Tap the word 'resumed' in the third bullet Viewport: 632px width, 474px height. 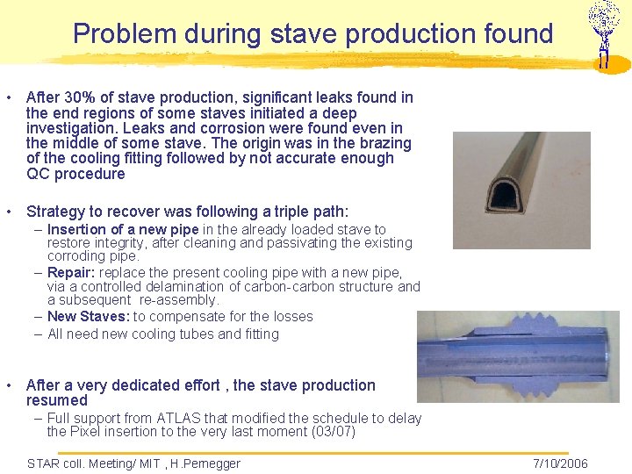(x=57, y=400)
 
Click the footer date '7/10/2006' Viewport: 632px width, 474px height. (x=560, y=463)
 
